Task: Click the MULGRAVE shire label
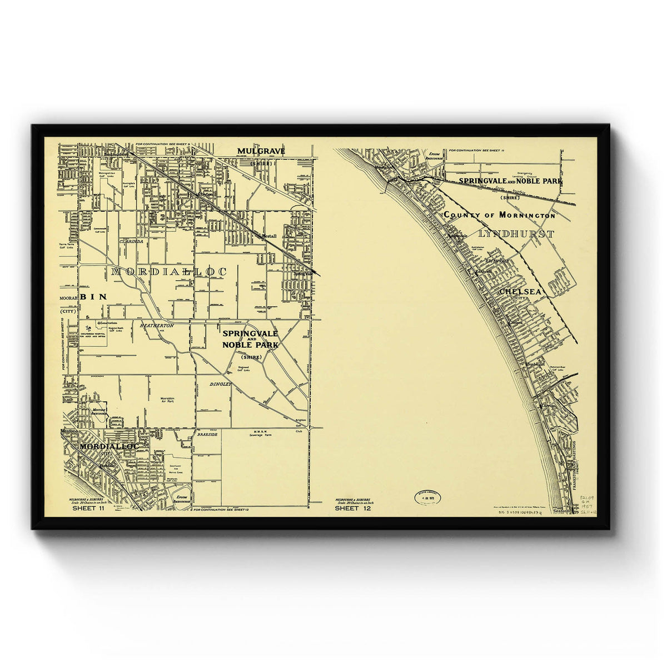(x=261, y=151)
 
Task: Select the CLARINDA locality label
(x=131, y=242)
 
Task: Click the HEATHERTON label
(x=157, y=325)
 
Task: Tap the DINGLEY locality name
(x=220, y=384)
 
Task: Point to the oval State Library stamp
(x=427, y=497)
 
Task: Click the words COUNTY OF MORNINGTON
(x=499, y=215)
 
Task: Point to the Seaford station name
(x=562, y=512)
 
